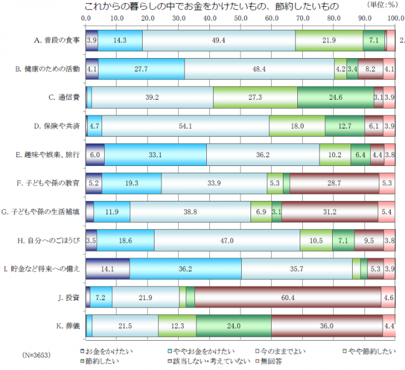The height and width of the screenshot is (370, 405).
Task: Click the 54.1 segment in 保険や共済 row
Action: pyautogui.click(x=185, y=125)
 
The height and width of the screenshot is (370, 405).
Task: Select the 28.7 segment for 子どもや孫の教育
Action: pyautogui.click(x=334, y=183)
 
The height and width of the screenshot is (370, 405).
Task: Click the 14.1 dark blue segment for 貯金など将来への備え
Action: pyautogui.click(x=107, y=269)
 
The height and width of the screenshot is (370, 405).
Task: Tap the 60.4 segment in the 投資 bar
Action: pyautogui.click(x=288, y=298)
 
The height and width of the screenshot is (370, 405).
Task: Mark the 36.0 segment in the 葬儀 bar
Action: pyautogui.click(x=326, y=326)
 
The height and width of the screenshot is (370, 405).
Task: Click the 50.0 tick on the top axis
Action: pyautogui.click(x=241, y=19)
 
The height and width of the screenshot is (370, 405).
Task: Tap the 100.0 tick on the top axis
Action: pyautogui.click(x=394, y=19)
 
